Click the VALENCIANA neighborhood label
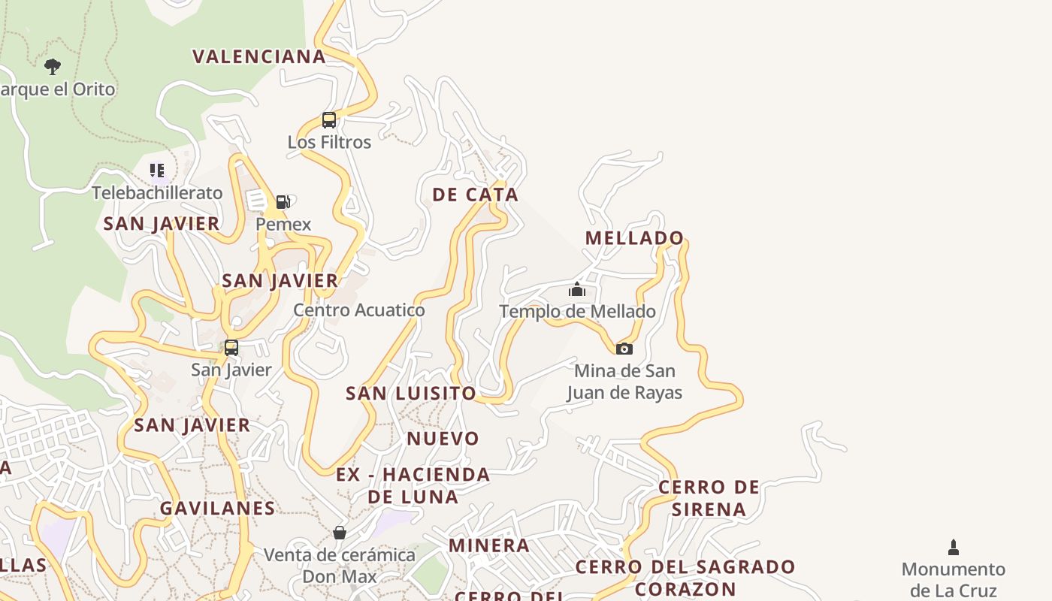click(x=259, y=56)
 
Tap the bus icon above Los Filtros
click(x=328, y=119)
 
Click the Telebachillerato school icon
click(x=156, y=171)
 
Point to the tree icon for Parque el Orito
click(x=52, y=67)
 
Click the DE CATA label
click(x=475, y=195)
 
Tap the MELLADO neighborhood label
click(x=634, y=238)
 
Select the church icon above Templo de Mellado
click(x=577, y=289)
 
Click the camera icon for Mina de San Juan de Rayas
click(x=624, y=349)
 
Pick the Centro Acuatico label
click(x=358, y=310)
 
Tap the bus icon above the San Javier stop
click(x=231, y=348)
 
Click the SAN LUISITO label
click(x=410, y=393)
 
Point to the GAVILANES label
click(x=217, y=508)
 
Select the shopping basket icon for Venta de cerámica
click(x=340, y=533)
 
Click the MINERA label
click(x=489, y=545)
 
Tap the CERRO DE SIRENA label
click(x=709, y=498)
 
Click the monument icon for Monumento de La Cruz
click(x=954, y=547)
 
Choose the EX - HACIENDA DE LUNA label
click(x=413, y=485)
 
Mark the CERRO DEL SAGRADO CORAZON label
click(x=685, y=577)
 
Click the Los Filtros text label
click(x=329, y=142)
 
